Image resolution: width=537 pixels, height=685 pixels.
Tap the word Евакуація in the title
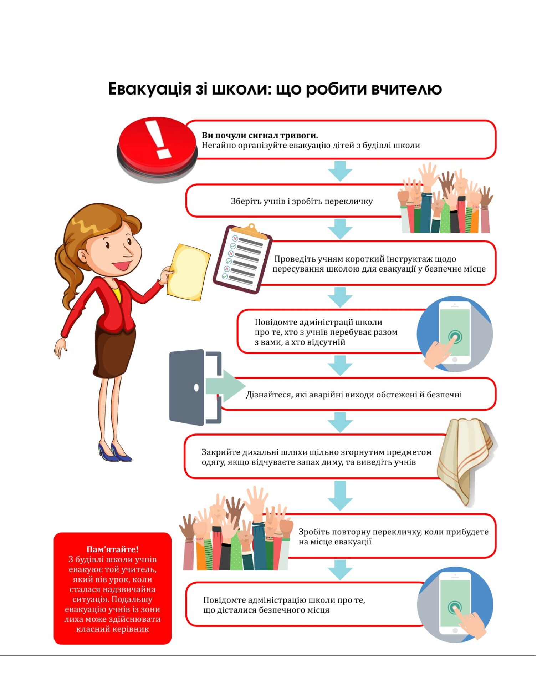150,89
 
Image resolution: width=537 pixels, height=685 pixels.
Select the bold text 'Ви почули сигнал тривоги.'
260,135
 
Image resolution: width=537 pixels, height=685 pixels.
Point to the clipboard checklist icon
242,259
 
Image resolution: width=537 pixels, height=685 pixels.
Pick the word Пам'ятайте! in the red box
112,549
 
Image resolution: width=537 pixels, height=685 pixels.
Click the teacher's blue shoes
115,452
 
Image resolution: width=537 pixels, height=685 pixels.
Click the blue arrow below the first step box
340,171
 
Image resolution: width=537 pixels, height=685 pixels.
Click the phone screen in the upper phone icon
455,333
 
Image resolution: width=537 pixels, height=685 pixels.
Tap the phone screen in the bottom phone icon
455,603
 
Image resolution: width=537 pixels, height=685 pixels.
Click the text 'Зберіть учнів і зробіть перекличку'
302,201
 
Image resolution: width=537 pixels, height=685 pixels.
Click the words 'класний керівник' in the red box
112,629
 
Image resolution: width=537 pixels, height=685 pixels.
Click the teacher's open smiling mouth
121,265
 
